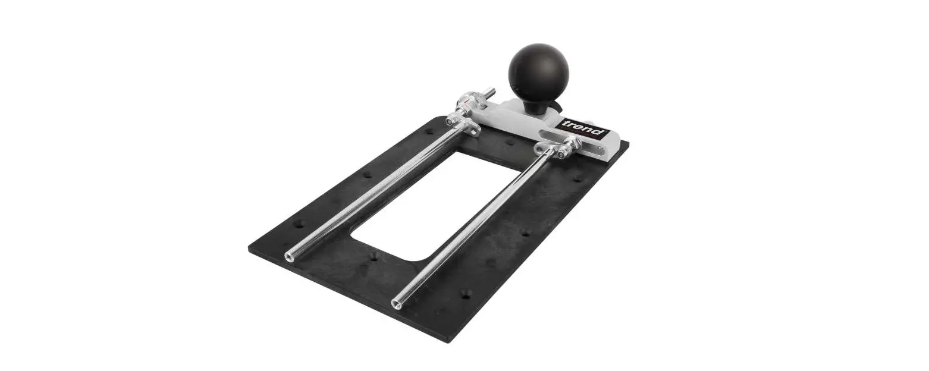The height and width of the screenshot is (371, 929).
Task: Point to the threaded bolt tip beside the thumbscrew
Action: tap(491, 92)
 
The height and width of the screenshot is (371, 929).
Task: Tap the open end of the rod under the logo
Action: tap(396, 304)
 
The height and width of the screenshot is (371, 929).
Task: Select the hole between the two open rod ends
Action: tap(373, 257)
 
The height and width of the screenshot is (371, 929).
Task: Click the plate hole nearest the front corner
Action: tap(466, 293)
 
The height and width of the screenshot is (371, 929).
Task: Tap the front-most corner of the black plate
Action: tap(447, 340)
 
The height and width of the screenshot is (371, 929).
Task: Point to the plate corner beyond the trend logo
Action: tap(628, 144)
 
